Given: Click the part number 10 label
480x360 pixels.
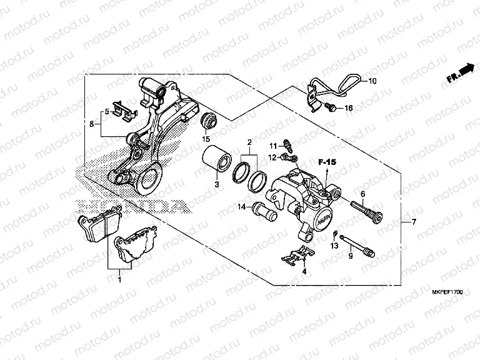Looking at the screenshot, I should tap(372, 82).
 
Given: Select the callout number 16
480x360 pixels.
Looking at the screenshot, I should tap(349, 108).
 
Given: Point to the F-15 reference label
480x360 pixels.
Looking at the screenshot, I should tap(326, 162).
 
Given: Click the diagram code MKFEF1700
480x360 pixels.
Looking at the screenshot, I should tap(445, 292).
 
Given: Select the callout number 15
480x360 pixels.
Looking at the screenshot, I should tap(205, 138).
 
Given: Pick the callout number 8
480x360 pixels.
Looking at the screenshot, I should tap(92, 124).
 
